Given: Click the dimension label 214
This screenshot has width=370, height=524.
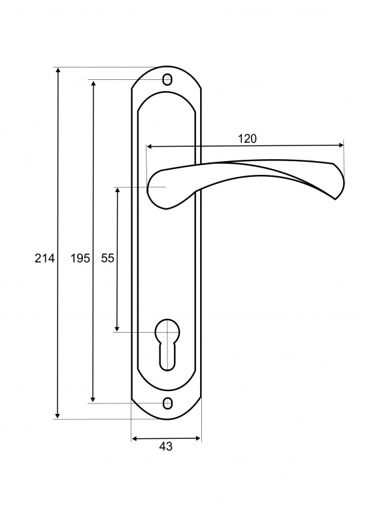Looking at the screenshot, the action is tap(44, 258).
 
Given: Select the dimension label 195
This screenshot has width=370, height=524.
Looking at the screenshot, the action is tap(80, 258).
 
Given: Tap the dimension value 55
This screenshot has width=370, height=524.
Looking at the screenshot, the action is tap(108, 258).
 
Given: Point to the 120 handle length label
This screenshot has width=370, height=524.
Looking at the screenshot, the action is tap(248, 139).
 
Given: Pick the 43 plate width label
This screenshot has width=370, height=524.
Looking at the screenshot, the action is tap(166, 446).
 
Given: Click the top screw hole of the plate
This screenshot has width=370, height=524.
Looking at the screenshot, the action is tap(167, 80).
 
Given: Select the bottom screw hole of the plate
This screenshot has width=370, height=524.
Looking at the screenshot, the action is tap(167, 403).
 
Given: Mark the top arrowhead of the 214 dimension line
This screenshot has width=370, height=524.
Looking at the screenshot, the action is tap(58, 70).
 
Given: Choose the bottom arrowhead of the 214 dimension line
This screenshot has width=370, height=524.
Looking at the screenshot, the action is tap(58, 415).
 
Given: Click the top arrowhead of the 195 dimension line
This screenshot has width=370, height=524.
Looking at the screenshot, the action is tap(93, 83).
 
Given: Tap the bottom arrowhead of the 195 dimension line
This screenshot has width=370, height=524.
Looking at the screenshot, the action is tap(93, 400).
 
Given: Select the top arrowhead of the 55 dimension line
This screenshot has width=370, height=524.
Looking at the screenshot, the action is tap(117, 191).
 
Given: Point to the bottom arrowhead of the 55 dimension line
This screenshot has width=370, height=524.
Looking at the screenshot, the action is tap(117, 328).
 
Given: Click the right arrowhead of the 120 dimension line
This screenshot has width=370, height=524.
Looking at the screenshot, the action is tap(341, 145).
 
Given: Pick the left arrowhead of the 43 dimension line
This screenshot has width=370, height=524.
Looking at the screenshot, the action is tap(135, 438).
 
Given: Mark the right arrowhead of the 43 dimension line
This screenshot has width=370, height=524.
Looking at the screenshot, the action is tap(198, 438).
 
